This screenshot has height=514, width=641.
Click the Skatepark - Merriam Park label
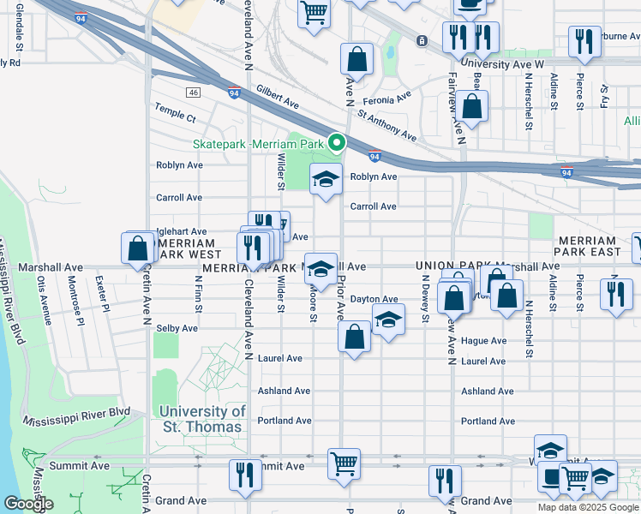[x=261, y=143]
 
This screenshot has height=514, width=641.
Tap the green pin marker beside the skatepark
[x=338, y=143]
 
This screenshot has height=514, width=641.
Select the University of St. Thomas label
[x=204, y=419]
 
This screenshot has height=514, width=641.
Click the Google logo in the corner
[x=28, y=504]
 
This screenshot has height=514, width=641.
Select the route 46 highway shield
[x=195, y=92]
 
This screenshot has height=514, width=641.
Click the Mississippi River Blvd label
[x=77, y=416]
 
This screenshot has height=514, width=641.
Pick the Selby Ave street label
[x=177, y=328]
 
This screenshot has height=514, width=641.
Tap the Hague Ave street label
[x=484, y=340]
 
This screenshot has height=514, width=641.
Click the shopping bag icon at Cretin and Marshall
[x=138, y=249]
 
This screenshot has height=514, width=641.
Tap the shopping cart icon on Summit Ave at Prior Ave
[x=344, y=463]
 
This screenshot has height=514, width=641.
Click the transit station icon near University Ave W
[x=422, y=40]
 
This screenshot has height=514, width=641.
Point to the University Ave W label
[x=502, y=63]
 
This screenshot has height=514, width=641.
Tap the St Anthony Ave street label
[x=386, y=124]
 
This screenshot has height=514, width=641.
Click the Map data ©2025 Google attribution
[x=587, y=507]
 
